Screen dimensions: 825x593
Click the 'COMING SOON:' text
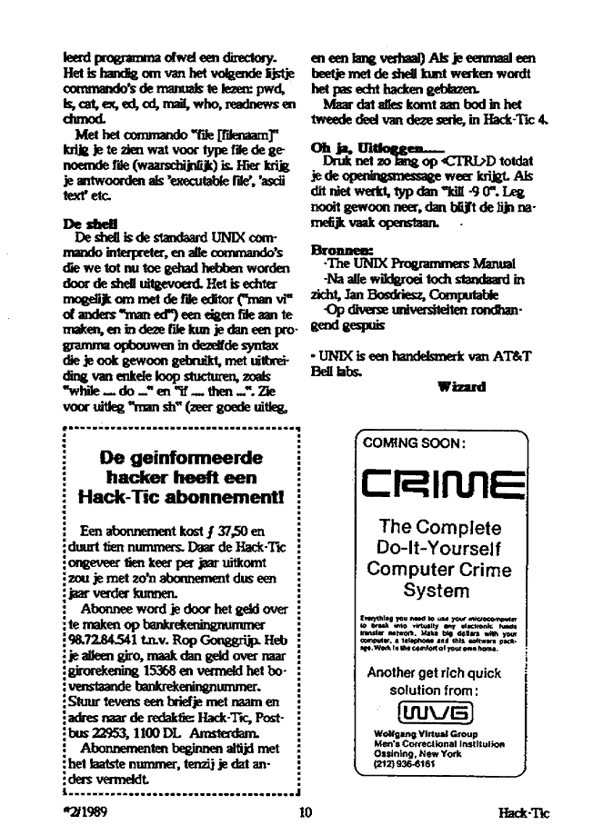414,443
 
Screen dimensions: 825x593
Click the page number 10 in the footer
306,813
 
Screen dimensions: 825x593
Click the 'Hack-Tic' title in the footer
530,813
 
